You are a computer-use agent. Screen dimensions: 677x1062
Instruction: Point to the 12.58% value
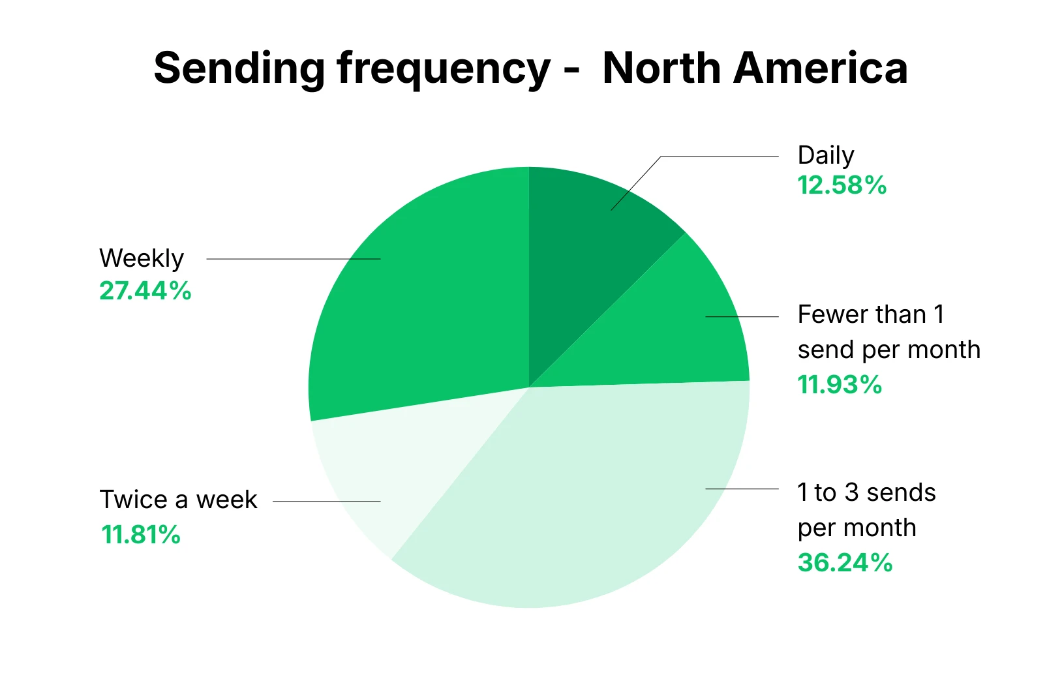842,186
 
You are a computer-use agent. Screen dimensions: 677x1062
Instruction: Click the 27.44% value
145,291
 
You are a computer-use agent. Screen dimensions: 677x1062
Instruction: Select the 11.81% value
141,535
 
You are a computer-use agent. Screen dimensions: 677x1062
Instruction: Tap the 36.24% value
845,562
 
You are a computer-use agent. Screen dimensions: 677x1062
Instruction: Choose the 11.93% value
840,385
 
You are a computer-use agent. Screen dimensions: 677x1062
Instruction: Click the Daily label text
825,156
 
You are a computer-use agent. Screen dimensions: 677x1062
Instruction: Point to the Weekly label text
142,258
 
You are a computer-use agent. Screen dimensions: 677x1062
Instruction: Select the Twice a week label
178,500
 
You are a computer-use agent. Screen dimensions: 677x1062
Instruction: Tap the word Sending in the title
239,69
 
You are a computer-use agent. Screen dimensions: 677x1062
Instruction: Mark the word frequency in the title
444,69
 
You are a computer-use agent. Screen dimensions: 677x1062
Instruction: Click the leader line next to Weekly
294,259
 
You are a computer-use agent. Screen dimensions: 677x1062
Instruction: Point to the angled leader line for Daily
636,183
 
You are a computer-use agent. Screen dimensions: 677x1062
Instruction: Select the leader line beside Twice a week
326,502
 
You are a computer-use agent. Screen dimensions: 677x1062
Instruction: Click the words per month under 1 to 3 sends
857,528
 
